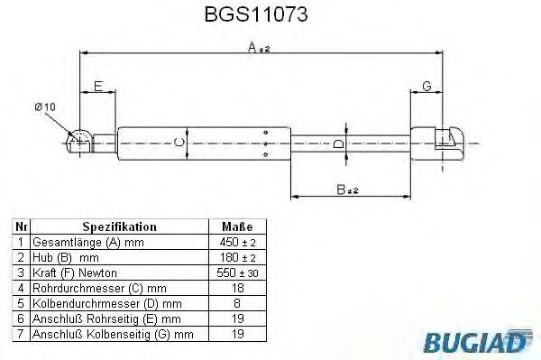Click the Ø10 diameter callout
45,107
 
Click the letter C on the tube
179,142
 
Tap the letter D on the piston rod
339,142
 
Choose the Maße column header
236,227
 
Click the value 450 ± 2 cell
236,244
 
